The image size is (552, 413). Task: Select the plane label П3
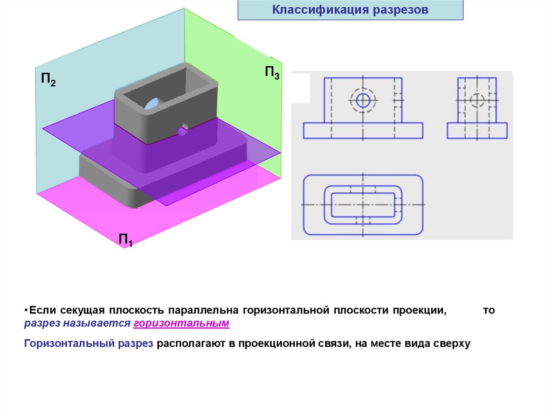[271, 73]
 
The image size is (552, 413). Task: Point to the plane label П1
[126, 240]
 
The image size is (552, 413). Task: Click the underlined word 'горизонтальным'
[181, 324]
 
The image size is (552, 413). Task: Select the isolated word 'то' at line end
[488, 311]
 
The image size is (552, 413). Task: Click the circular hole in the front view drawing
[363, 100]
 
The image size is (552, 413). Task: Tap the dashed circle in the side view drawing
[477, 100]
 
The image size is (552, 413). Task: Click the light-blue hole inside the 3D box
[153, 103]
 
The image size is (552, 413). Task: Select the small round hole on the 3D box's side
[183, 129]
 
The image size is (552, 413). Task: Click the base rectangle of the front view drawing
[363, 130]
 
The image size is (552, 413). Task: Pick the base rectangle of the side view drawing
[477, 130]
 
